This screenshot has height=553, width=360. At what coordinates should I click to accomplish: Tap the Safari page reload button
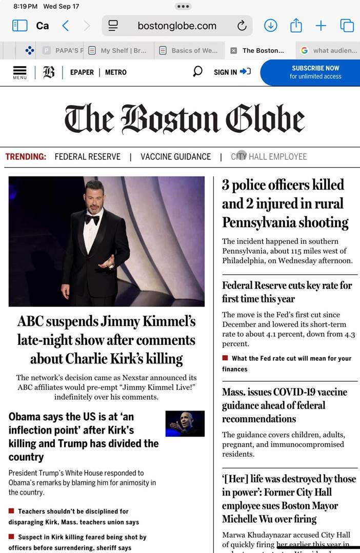click(242, 26)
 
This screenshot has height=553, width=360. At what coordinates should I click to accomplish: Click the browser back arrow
click(65, 26)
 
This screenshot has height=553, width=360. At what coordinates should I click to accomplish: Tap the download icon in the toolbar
click(270, 26)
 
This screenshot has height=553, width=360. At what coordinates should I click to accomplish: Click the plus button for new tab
click(321, 26)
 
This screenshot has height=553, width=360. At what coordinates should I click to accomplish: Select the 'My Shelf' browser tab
click(117, 50)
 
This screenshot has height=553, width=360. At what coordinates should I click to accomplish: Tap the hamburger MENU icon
click(19, 72)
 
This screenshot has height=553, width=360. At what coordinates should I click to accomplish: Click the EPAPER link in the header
click(82, 72)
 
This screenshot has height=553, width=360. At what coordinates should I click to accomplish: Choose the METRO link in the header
click(116, 72)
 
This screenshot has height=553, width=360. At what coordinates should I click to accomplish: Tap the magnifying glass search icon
click(197, 72)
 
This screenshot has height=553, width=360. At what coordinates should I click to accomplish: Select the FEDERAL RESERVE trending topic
click(88, 157)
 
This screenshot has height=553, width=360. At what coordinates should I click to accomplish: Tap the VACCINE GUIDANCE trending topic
click(175, 157)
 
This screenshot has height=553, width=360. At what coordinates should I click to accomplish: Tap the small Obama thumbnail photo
click(185, 424)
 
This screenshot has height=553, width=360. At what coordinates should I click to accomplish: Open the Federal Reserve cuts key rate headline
click(287, 292)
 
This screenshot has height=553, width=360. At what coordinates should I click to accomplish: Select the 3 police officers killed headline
click(285, 203)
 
